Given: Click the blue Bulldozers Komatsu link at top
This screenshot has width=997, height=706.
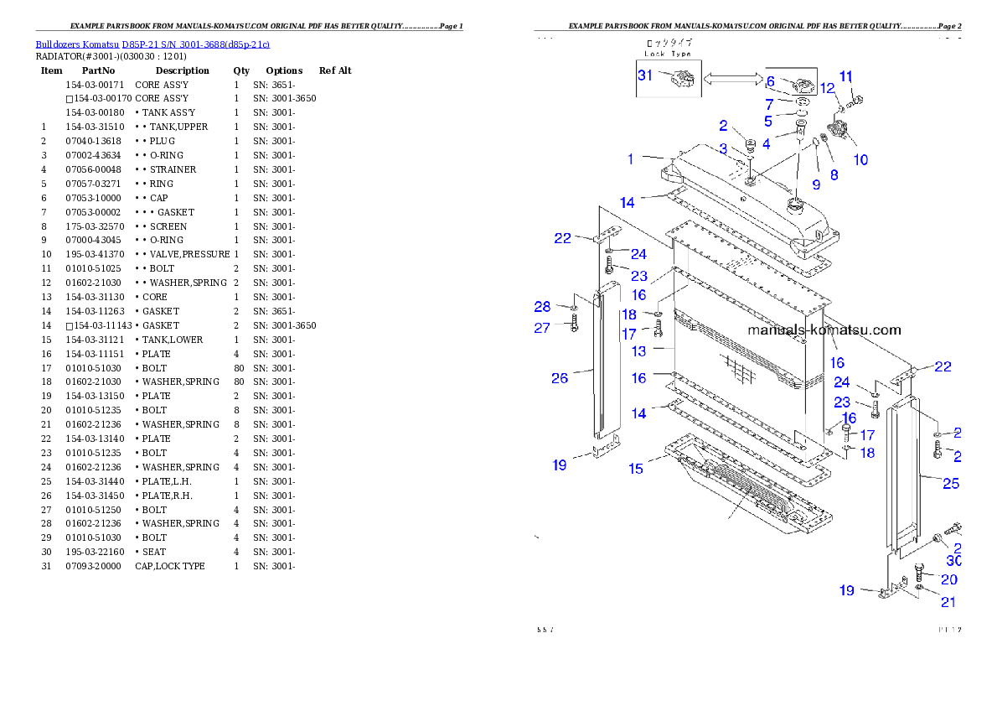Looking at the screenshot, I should click(152, 44).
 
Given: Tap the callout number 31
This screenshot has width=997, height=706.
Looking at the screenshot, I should click(645, 75).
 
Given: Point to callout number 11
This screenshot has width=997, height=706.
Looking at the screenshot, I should click(846, 76).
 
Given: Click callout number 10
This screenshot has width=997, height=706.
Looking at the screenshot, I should click(860, 159).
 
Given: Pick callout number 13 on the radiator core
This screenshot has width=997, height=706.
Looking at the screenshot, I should click(639, 351).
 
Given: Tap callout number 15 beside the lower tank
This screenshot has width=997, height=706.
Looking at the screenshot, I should click(636, 469).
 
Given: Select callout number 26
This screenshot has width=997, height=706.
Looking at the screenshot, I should click(560, 378).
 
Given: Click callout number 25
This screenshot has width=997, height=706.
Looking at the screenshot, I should click(951, 484).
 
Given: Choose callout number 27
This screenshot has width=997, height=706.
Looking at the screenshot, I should click(542, 328).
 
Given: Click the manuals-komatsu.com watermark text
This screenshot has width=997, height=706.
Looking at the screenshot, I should click(824, 330).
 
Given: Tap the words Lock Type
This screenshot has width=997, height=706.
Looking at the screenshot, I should click(668, 54).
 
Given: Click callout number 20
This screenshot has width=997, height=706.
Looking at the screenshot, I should click(949, 579).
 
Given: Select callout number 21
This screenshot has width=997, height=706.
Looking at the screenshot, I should click(948, 601).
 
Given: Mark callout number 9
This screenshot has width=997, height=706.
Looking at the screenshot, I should click(815, 184).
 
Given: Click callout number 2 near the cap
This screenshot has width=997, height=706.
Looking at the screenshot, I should click(723, 126).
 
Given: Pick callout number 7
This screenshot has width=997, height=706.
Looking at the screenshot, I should click(769, 105).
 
